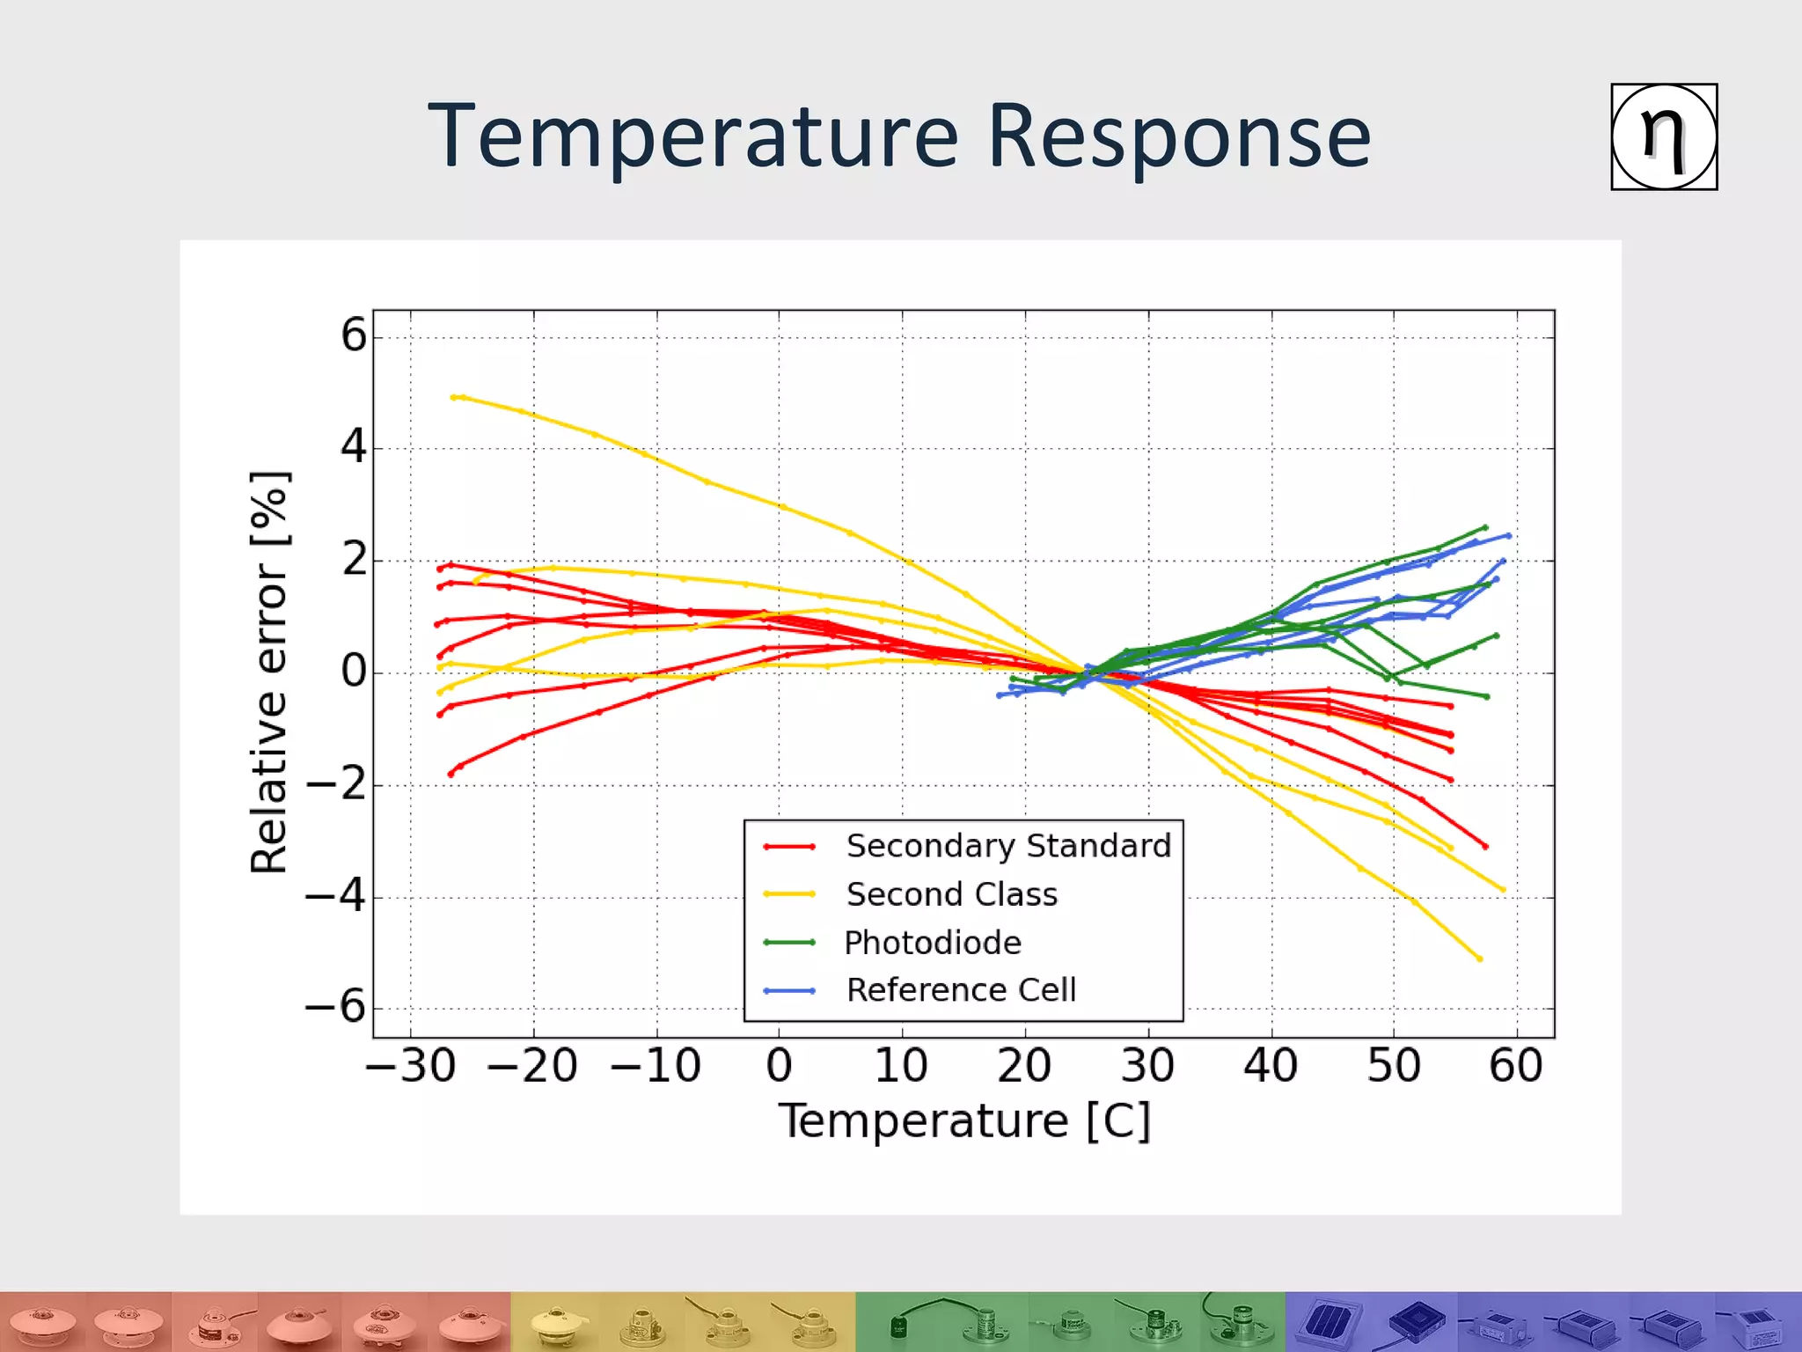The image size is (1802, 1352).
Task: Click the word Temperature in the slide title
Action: point(692,136)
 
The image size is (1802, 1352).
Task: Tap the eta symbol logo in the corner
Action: point(1663,137)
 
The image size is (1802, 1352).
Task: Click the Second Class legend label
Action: point(951,894)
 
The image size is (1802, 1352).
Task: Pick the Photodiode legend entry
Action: point(932,943)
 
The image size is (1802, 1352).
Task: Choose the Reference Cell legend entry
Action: point(960,990)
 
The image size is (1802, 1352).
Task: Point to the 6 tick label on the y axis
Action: point(353,335)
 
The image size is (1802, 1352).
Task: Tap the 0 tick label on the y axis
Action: point(353,672)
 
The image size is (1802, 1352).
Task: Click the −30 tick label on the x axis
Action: point(410,1066)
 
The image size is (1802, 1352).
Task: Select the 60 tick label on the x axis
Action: point(1515,1066)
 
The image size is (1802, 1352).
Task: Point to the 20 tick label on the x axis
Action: point(1024,1066)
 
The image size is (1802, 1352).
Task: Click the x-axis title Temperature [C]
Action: point(964,1121)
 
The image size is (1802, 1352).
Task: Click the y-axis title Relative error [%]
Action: point(268,672)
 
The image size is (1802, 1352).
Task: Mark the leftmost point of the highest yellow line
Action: point(453,397)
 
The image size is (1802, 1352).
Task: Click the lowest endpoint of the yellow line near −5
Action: point(1479,959)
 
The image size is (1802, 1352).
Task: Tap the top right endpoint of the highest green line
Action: point(1485,527)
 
